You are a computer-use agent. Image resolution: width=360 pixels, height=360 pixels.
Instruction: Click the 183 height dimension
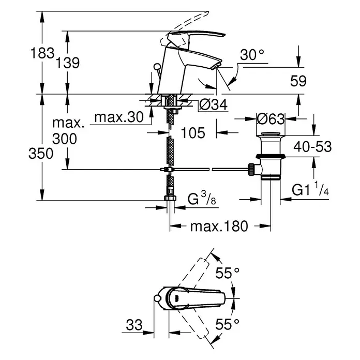pyautogui.click(x=42, y=53)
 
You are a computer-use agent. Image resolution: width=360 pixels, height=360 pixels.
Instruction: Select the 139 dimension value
pyautogui.click(x=67, y=63)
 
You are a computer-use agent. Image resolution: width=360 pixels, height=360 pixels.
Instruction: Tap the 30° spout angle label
pyautogui.click(x=252, y=55)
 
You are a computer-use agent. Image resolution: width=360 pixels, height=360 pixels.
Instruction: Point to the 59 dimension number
pyautogui.click(x=298, y=81)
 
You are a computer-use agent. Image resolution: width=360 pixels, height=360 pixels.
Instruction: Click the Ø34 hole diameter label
pyautogui.click(x=213, y=104)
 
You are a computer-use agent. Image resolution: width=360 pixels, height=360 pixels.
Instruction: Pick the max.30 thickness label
pyautogui.click(x=119, y=117)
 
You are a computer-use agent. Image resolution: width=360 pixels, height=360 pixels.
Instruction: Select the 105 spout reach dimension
pyautogui.click(x=193, y=133)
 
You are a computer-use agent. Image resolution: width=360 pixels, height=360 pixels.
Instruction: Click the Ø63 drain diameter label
pyautogui.click(x=271, y=119)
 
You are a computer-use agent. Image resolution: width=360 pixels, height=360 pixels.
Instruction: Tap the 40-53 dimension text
pyautogui.click(x=312, y=146)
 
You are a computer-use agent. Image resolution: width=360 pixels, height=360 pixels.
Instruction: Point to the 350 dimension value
pyautogui.click(x=41, y=154)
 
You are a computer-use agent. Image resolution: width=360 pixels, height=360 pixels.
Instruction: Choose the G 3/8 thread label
pyautogui.click(x=202, y=199)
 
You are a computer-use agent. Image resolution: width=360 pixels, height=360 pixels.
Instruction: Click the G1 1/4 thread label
pyautogui.click(x=310, y=189)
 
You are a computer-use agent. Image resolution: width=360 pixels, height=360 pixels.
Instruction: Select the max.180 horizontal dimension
pyautogui.click(x=219, y=226)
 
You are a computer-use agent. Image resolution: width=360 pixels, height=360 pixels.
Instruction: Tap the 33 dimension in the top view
pyautogui.click(x=134, y=325)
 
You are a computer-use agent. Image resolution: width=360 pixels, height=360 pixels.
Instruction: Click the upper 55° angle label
pyautogui.click(x=227, y=273)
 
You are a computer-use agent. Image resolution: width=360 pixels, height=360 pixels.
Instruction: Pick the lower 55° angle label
pyautogui.click(x=227, y=324)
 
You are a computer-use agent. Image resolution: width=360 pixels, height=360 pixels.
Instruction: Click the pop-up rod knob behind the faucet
pyautogui.click(x=157, y=67)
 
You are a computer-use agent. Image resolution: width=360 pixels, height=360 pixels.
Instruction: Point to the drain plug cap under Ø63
pyautogui.click(x=271, y=134)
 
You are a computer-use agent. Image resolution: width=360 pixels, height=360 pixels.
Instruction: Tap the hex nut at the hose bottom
pyautogui.click(x=170, y=198)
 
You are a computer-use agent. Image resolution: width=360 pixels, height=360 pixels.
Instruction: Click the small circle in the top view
pyautogui.click(x=157, y=298)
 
